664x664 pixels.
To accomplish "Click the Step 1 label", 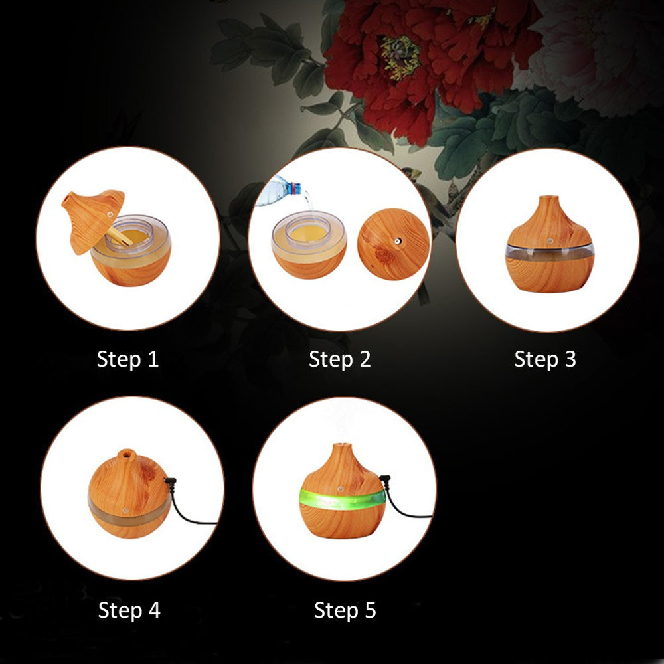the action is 127,359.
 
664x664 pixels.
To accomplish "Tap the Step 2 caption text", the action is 339,359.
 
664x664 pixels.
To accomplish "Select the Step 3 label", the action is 545,359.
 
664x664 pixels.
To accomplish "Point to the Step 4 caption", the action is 129,610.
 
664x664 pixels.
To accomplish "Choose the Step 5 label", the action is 345,610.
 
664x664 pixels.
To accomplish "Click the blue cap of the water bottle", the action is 295,189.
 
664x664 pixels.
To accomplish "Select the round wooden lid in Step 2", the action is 393,244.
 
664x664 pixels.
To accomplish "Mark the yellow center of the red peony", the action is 400,56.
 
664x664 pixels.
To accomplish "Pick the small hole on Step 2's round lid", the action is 398,242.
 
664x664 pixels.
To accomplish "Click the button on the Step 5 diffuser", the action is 339,489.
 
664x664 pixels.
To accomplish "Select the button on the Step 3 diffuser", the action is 550,241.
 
